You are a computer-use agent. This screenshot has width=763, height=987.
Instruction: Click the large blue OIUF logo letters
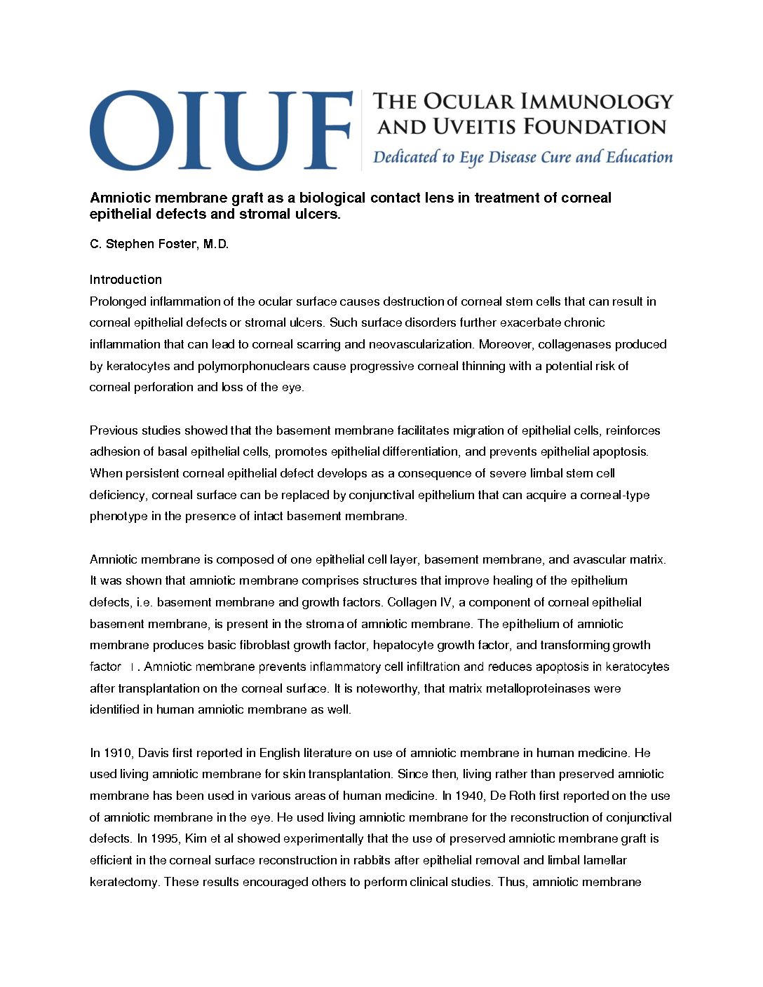pyautogui.click(x=221, y=130)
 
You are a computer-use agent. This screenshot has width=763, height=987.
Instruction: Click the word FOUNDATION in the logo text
pyautogui.click(x=595, y=127)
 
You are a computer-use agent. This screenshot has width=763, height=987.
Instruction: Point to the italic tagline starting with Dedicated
pyautogui.click(x=522, y=157)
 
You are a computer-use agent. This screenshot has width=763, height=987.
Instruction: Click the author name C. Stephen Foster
pyautogui.click(x=159, y=244)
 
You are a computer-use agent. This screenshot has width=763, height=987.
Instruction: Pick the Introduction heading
pyautogui.click(x=126, y=280)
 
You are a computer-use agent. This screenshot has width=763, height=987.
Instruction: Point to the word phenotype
pyautogui.click(x=119, y=517)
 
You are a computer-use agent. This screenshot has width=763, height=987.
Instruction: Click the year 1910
pyautogui.click(x=116, y=753)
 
